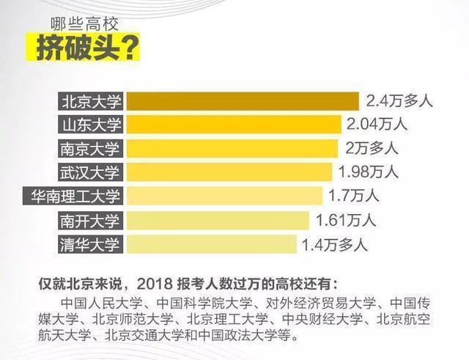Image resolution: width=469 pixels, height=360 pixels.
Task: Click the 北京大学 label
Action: (92, 101)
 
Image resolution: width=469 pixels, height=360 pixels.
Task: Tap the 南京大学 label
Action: (92, 148)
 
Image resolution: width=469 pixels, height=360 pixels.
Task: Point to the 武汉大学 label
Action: (92, 172)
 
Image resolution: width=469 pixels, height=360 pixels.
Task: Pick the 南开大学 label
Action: (92, 220)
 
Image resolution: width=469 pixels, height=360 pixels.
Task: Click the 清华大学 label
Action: (92, 243)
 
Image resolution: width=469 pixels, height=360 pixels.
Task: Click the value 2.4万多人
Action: (399, 101)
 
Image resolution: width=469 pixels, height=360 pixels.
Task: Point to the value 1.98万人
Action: (368, 172)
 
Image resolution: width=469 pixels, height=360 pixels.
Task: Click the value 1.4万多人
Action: (335, 243)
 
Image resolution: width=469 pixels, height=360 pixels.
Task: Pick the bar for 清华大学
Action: (213, 243)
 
